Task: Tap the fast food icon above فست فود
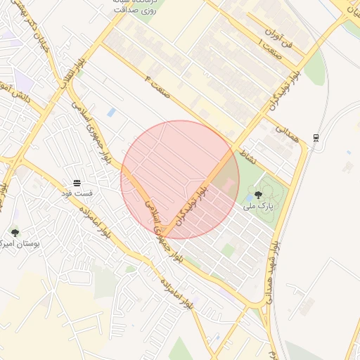(77, 183)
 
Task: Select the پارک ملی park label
(257, 206)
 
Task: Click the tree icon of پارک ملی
(258, 195)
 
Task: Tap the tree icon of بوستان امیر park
(15, 232)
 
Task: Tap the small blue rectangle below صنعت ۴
(112, 112)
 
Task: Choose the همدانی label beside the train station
(288, 134)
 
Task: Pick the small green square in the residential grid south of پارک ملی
(228, 250)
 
